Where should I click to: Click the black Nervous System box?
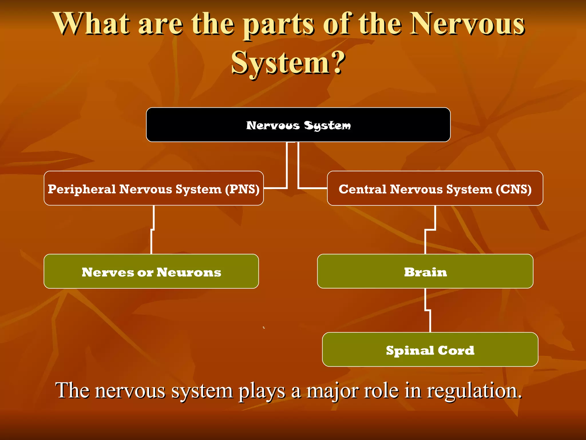(298, 125)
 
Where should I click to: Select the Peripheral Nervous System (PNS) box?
(154, 188)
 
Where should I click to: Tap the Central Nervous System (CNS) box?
(435, 188)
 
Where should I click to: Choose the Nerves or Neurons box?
(151, 271)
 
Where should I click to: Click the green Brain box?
(425, 271)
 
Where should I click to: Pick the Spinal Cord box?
(430, 349)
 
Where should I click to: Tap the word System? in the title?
(288, 63)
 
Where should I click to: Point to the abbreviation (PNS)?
(242, 189)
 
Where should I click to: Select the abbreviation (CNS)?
(514, 189)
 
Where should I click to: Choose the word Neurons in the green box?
(189, 272)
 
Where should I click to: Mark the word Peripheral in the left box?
(82, 189)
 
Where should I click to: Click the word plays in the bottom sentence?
(262, 391)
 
